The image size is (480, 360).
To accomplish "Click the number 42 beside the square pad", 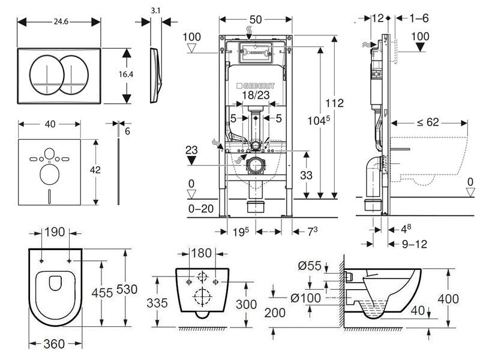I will (95, 170).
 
